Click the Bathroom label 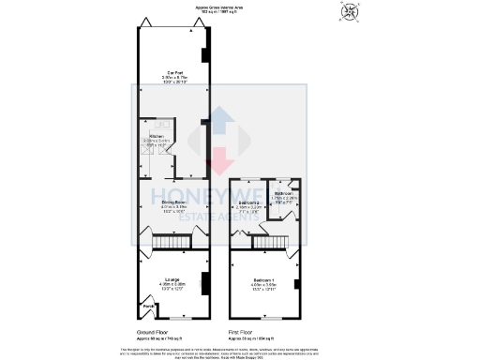click(x=285, y=195)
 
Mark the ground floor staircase click(x=166, y=243)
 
